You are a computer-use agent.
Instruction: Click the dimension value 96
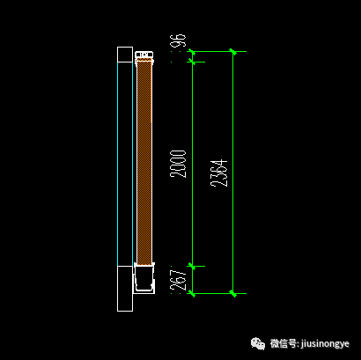[x=178, y=40]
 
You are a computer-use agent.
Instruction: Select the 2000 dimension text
[x=178, y=164]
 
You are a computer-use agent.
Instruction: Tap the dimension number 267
[x=178, y=280]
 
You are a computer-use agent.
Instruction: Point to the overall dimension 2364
[x=219, y=173]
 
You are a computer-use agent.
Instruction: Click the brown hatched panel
[x=144, y=163]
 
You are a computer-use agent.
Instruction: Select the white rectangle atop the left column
[x=125, y=55]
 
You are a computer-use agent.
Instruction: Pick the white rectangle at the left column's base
[x=125, y=289]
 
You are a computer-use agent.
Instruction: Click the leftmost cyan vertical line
[x=117, y=165]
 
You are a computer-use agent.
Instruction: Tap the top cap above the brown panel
[x=144, y=55]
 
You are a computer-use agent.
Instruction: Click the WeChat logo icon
[x=258, y=343]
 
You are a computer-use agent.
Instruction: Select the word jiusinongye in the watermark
[x=325, y=344]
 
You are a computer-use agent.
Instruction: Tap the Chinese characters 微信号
[x=284, y=343]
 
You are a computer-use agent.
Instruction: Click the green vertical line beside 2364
[x=233, y=173]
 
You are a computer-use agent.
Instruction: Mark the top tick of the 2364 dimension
[x=233, y=52]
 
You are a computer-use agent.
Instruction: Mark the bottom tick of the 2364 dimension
[x=233, y=293]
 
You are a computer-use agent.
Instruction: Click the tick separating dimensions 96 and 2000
[x=192, y=62]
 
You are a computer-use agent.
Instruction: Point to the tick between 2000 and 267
[x=192, y=266]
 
